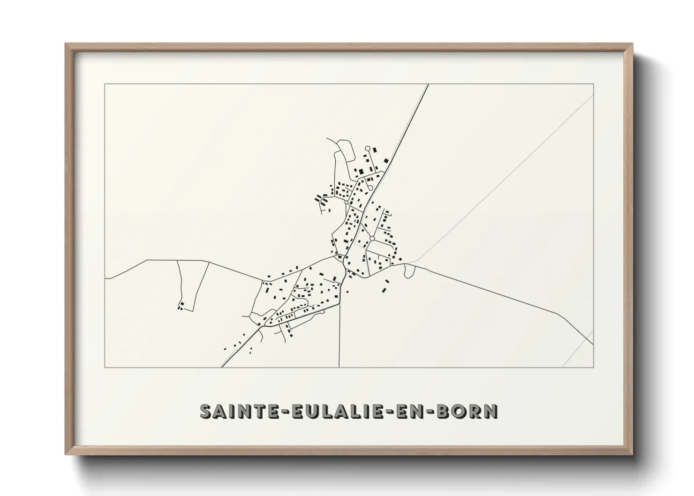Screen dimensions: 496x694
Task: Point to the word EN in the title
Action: (x=409, y=411)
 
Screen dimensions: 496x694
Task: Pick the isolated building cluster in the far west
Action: (x=180, y=307)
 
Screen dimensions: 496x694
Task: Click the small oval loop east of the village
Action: (x=409, y=271)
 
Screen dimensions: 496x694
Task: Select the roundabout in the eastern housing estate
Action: (x=372, y=239)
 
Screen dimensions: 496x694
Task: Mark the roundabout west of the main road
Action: (x=347, y=202)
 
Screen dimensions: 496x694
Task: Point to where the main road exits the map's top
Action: (x=428, y=85)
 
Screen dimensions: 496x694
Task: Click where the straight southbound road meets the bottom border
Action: (x=339, y=367)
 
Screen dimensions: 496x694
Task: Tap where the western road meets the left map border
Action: (x=105, y=278)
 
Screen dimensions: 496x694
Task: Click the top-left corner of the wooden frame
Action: (x=66, y=44)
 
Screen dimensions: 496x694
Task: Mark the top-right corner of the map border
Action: (x=593, y=84)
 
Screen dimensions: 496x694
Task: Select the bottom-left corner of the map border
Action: (x=105, y=367)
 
